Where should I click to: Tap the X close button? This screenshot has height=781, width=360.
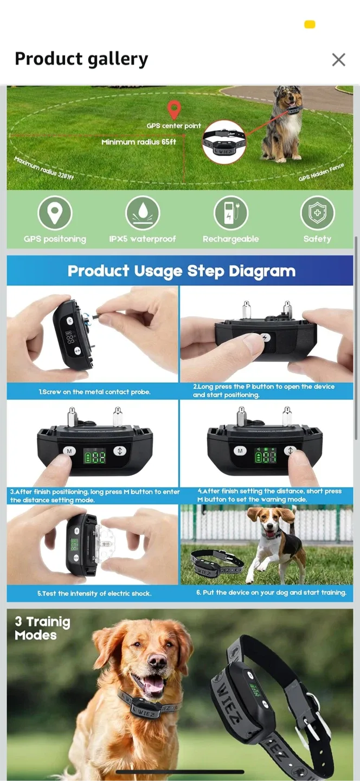pyautogui.click(x=338, y=60)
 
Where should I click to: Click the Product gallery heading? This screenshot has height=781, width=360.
pyautogui.click(x=81, y=59)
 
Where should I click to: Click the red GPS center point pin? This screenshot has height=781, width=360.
pyautogui.click(x=173, y=109)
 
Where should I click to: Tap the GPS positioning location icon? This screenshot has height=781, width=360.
pyautogui.click(x=55, y=213)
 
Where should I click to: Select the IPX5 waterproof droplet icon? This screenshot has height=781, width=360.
pyautogui.click(x=143, y=213)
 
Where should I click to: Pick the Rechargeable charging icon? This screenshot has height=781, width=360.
pyautogui.click(x=230, y=213)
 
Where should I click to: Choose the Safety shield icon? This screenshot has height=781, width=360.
pyautogui.click(x=317, y=213)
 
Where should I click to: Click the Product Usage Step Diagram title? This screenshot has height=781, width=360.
pyautogui.click(x=181, y=271)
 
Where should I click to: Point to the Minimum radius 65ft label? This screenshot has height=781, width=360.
pyautogui.click(x=139, y=142)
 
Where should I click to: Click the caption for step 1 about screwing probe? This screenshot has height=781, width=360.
pyautogui.click(x=94, y=392)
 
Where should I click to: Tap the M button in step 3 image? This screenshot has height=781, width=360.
pyautogui.click(x=69, y=451)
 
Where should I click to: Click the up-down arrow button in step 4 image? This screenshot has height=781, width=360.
pyautogui.click(x=290, y=451)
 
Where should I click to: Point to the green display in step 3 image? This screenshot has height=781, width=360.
pyautogui.click(x=94, y=457)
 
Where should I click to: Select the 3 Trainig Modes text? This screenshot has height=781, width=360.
pyautogui.click(x=42, y=628)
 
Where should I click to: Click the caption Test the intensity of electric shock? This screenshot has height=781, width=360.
pyautogui.click(x=94, y=593)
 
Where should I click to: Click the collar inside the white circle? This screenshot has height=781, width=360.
pyautogui.click(x=224, y=142)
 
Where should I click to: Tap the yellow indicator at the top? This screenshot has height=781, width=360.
pyautogui.click(x=310, y=24)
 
